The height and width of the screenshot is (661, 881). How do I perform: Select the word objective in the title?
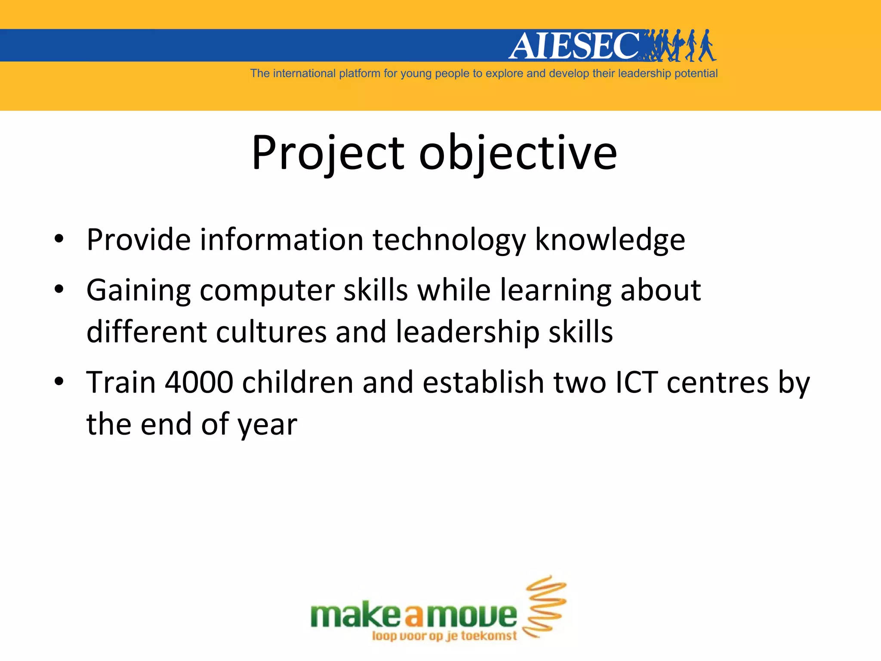coord(518,153)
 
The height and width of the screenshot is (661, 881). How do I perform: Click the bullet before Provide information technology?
coord(59,239)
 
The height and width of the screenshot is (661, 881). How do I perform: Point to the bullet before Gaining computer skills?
coord(59,289)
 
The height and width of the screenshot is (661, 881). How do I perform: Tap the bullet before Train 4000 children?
coord(59,382)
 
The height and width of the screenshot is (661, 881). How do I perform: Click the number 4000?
coord(199,382)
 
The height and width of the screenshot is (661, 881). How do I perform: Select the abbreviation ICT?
coord(636,382)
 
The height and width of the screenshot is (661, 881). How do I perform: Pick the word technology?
coord(449,240)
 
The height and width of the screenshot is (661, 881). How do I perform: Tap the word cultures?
coord(271,332)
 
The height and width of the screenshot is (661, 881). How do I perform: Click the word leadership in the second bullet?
coord(467,332)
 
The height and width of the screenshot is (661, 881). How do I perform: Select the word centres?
coord(717,382)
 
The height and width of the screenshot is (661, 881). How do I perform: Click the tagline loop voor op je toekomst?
coord(444,636)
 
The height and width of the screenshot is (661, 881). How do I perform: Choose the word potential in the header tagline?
coord(696,74)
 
